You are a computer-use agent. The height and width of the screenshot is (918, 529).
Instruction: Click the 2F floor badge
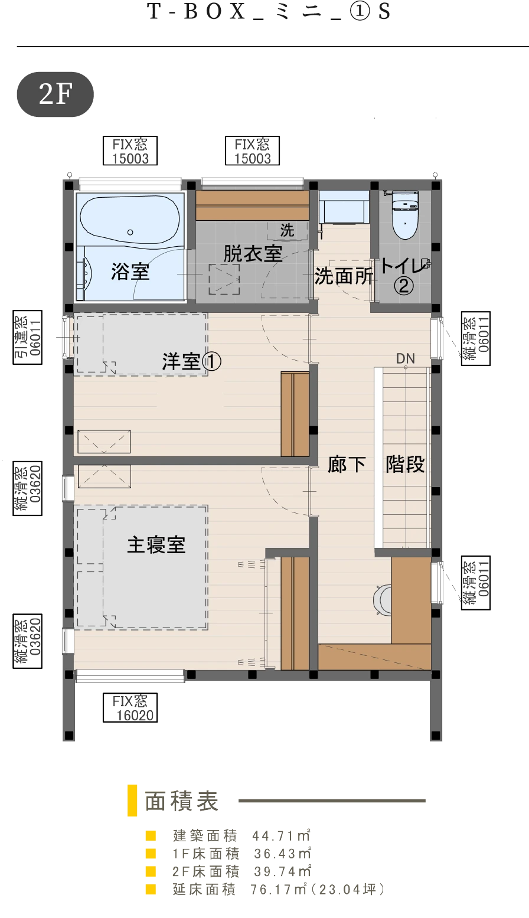tap(55, 94)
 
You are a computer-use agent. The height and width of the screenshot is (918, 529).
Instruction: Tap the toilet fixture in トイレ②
tap(405, 214)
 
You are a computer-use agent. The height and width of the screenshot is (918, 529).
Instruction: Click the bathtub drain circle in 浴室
tap(130, 233)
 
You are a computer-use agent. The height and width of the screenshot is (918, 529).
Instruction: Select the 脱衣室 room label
tap(253, 254)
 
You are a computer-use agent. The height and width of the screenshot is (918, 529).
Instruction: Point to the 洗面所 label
tap(344, 276)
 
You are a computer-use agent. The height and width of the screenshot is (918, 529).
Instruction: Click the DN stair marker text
tap(406, 358)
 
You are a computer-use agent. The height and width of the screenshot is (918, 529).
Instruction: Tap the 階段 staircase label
tap(405, 465)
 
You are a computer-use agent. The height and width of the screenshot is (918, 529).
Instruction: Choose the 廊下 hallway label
tap(347, 465)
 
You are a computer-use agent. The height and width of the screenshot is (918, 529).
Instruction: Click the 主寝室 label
tap(156, 545)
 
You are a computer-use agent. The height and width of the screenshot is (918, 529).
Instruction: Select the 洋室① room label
tap(191, 361)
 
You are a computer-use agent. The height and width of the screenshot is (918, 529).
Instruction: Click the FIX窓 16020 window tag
tap(130, 708)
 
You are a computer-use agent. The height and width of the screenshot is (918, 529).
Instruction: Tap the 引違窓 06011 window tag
tap(28, 337)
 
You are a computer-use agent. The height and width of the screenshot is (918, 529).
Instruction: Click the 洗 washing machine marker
tap(287, 230)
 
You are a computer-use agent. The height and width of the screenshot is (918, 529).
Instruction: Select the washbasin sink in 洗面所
tap(344, 207)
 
